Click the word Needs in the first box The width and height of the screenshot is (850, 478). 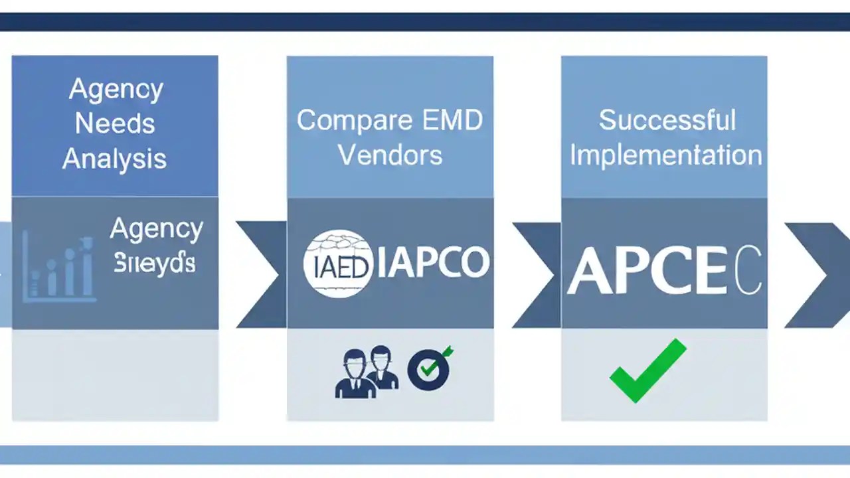tap(115, 124)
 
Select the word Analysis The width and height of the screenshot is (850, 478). tap(114, 159)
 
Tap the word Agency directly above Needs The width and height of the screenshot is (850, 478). tap(116, 89)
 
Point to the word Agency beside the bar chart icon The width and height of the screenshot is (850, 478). tap(157, 229)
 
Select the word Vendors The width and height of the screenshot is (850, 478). tap(390, 155)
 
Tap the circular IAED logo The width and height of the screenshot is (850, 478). tap(339, 264)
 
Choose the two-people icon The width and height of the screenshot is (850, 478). tap(367, 372)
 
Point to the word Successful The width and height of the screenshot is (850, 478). tap(667, 120)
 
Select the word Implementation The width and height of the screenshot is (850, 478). tap(665, 155)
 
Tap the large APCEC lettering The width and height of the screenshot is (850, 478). tap(664, 272)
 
